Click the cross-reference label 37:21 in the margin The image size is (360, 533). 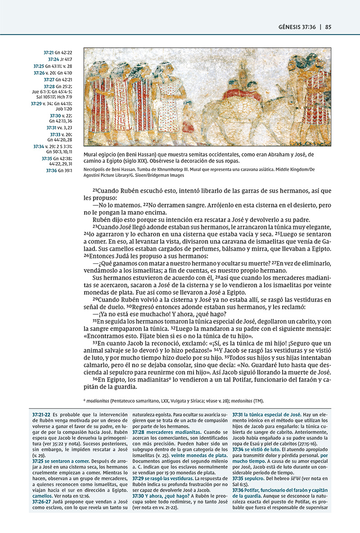[49, 53]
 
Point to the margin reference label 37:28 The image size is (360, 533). [49, 86]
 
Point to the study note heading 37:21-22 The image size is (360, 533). [42, 414]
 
